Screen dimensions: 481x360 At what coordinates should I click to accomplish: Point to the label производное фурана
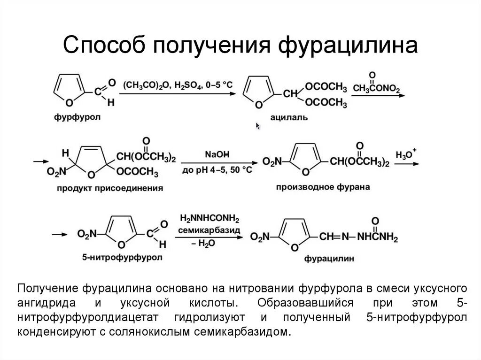[323, 187]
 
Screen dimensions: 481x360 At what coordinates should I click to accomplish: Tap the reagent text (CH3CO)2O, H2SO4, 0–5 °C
[178, 85]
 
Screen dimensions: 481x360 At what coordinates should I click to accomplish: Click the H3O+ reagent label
[406, 155]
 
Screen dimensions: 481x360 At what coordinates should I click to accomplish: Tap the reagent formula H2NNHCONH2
[209, 219]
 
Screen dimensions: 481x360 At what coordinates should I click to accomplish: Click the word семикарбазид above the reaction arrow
[209, 230]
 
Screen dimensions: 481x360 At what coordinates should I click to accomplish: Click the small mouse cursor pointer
[258, 126]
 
